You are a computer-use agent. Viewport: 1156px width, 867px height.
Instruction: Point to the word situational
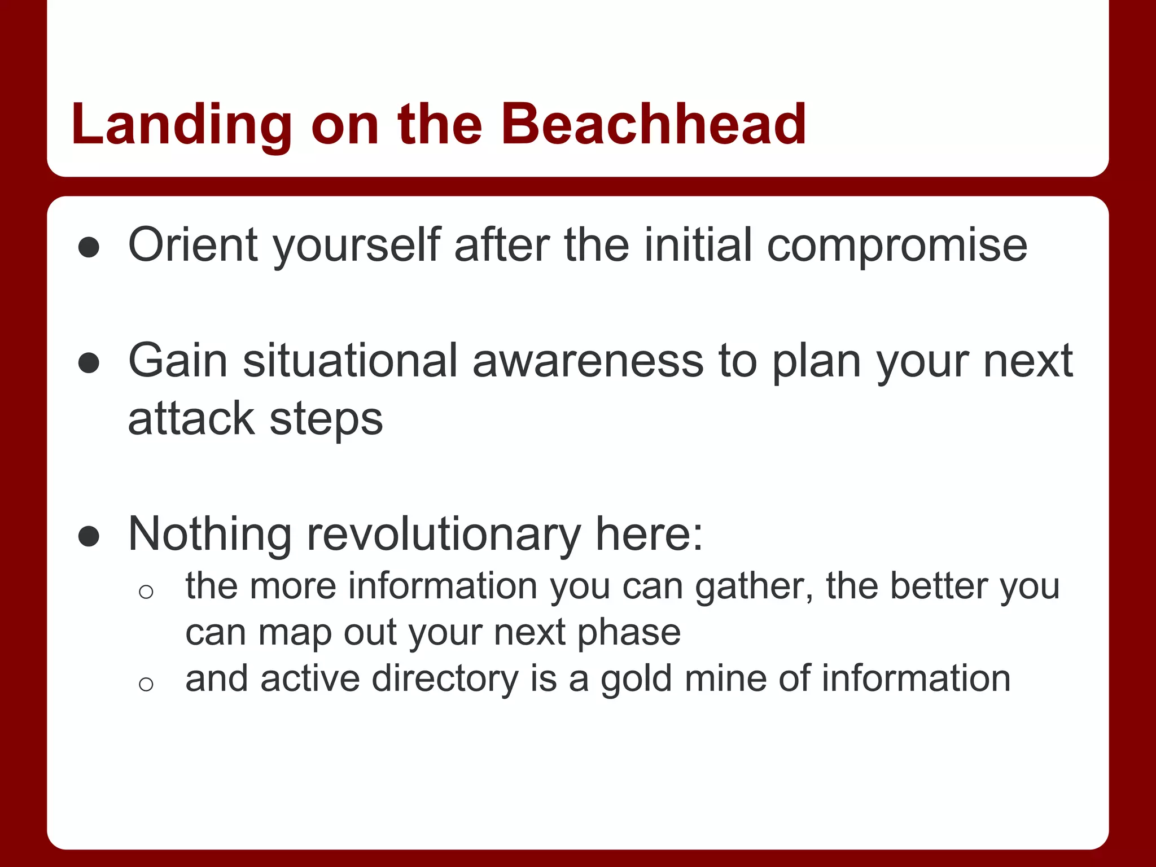[350, 361]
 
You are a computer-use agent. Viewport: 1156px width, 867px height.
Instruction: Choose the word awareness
[588, 361]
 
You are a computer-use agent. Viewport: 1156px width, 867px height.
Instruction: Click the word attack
[191, 419]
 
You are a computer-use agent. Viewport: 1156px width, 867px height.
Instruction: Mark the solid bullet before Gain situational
[89, 364]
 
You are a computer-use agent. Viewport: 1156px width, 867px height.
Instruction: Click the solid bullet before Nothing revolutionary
[89, 537]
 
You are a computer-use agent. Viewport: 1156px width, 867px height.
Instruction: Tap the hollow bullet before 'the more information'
[146, 592]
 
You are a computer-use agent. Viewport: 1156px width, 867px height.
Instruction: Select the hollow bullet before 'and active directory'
[146, 684]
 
